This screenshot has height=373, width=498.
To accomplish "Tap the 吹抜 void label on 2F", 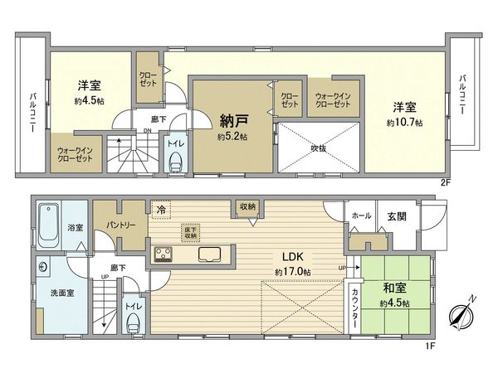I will [318, 148].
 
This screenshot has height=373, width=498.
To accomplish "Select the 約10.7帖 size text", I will [404, 123].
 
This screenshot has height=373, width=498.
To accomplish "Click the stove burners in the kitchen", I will [164, 254].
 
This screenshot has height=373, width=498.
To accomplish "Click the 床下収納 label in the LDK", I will [189, 231].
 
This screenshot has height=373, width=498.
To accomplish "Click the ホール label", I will [361, 216].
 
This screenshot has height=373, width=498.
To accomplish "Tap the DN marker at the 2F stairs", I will [147, 131].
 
